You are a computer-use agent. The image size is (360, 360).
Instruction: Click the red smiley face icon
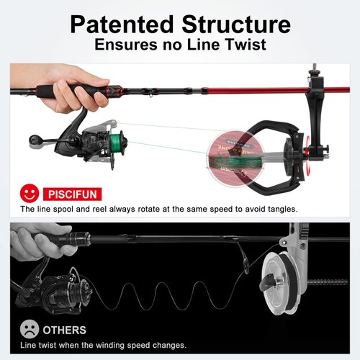tap(28, 194)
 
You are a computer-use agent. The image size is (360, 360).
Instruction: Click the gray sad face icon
tap(28, 330)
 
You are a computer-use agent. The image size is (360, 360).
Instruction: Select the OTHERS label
tap(65, 330)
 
